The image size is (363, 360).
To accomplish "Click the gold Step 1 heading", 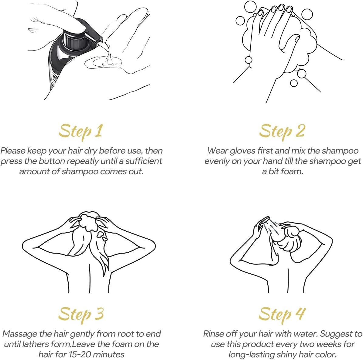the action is coord(80,132).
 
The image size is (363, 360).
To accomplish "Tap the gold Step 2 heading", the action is coord(282,132).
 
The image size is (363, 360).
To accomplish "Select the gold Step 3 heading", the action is coord(81,315).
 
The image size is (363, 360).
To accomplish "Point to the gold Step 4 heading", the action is coord(282,315).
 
